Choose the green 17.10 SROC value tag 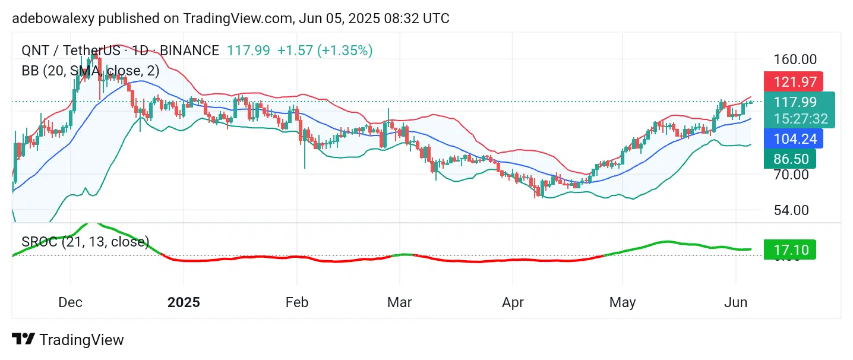click(789, 250)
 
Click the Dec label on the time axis click(70, 302)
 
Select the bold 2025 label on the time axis click(184, 302)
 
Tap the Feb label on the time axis click(296, 302)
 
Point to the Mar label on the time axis click(399, 302)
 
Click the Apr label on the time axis click(513, 302)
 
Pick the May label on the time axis click(622, 302)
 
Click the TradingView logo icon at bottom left click(23, 339)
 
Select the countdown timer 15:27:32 click(800, 119)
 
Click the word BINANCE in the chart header click(189, 50)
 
